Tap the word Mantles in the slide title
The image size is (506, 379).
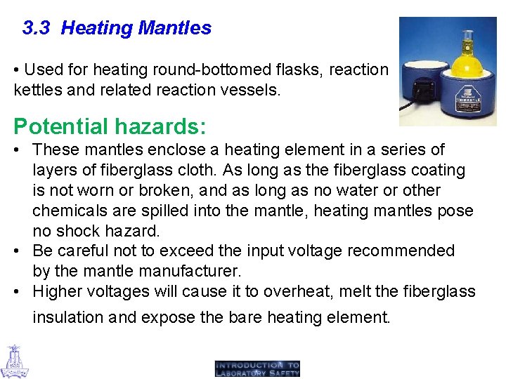175,28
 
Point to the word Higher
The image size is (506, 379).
58,291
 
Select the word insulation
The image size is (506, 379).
68,317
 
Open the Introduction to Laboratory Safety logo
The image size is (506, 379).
257,368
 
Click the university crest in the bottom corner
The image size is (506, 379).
15,361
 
